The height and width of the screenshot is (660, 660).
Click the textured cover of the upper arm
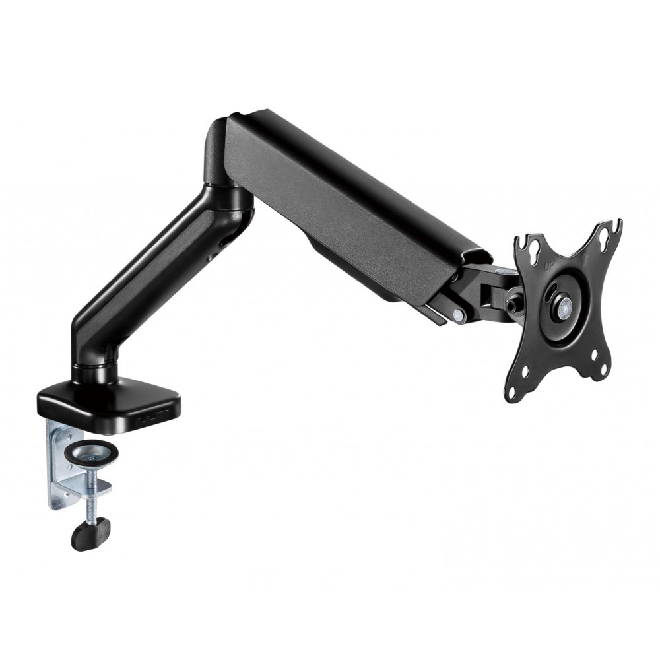[343, 205]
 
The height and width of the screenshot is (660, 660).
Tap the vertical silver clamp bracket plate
[57, 462]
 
